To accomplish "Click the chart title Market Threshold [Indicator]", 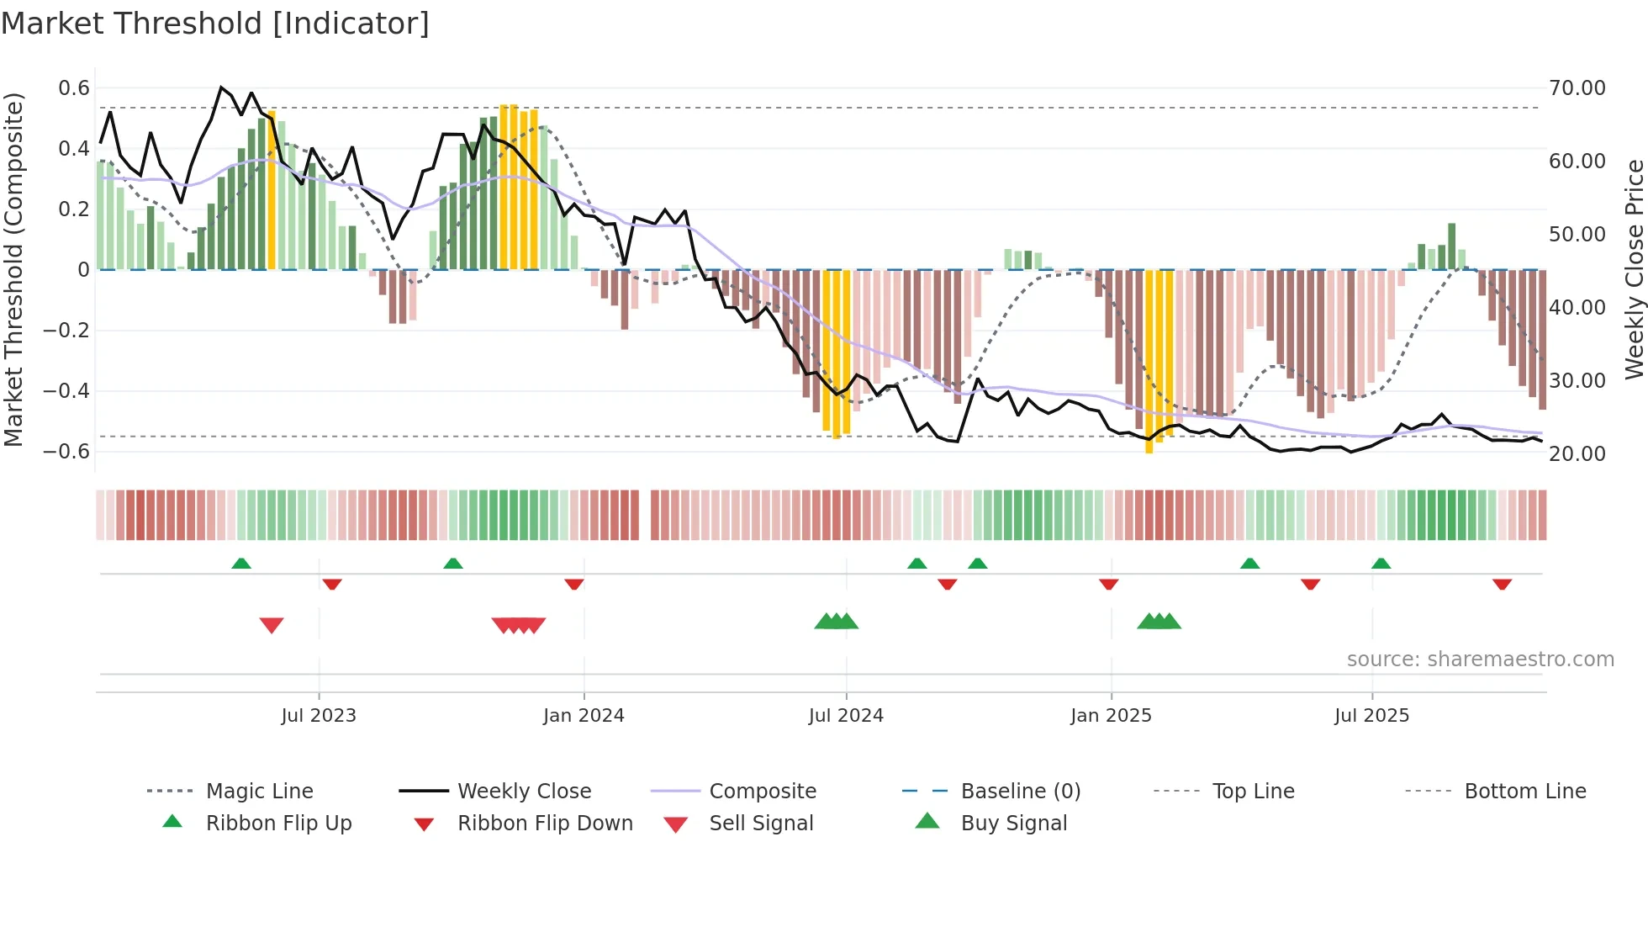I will pyautogui.click(x=215, y=24).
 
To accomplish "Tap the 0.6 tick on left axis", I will pyautogui.click(x=74, y=88).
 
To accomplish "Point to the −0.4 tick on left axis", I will pyautogui.click(x=66, y=391).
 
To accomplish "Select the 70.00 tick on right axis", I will pyautogui.click(x=1577, y=88).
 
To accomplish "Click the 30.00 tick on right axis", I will pyautogui.click(x=1577, y=381).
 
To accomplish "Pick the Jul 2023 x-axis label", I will pyautogui.click(x=319, y=716).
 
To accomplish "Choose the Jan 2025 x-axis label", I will pyautogui.click(x=1111, y=716).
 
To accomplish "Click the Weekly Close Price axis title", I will pyautogui.click(x=1634, y=269).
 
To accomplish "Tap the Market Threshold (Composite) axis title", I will pyautogui.click(x=13, y=269).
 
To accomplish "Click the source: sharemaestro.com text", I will pyautogui.click(x=1480, y=659).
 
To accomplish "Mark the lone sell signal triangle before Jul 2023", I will pyautogui.click(x=272, y=625).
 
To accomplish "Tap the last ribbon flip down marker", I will pyautogui.click(x=1502, y=585).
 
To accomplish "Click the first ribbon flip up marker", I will pyautogui.click(x=241, y=564).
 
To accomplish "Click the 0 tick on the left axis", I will pyautogui.click(x=83, y=270).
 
